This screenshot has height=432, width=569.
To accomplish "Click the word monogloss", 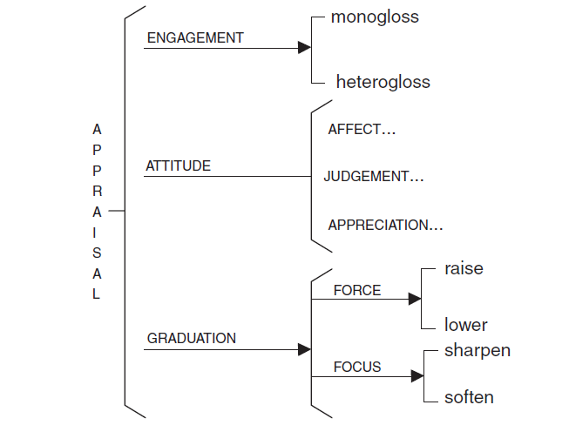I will (x=375, y=17).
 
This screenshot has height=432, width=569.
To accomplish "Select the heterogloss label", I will (x=383, y=83).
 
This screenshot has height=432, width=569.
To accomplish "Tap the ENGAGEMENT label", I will (x=195, y=38).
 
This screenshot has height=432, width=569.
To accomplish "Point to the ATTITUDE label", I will (x=179, y=165).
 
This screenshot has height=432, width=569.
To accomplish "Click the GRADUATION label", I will (x=192, y=338).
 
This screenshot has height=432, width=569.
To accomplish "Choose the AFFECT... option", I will (x=362, y=130).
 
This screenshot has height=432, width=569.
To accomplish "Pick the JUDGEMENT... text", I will (x=373, y=177).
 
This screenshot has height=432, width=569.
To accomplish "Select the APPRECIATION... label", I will (x=385, y=226).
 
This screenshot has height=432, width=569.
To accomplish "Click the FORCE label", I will (x=357, y=290).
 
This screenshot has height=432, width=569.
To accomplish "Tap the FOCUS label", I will (x=357, y=367).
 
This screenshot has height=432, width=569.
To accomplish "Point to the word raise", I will (x=464, y=269).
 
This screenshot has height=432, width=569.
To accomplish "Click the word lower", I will (x=465, y=326).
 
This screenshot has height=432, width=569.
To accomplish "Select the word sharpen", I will (x=477, y=351).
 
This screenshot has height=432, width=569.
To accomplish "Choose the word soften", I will (x=469, y=398).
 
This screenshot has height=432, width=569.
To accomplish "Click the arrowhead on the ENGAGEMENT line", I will (x=305, y=49).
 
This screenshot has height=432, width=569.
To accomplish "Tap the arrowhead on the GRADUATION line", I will (x=305, y=349).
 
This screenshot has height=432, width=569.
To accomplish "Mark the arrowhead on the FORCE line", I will (x=416, y=300).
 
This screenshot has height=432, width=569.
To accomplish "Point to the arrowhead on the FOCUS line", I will (x=417, y=376).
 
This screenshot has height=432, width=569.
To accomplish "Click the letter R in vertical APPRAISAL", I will (x=97, y=191).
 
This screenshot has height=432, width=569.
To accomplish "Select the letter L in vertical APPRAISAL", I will (x=97, y=294).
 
